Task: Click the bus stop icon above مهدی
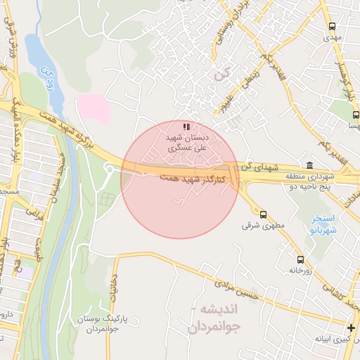[333, 26]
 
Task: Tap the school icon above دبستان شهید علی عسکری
[186, 127]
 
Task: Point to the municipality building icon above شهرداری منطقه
[309, 165]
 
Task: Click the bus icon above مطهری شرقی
[263, 214]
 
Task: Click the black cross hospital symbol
[352, 328]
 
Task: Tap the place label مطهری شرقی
[257, 226]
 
